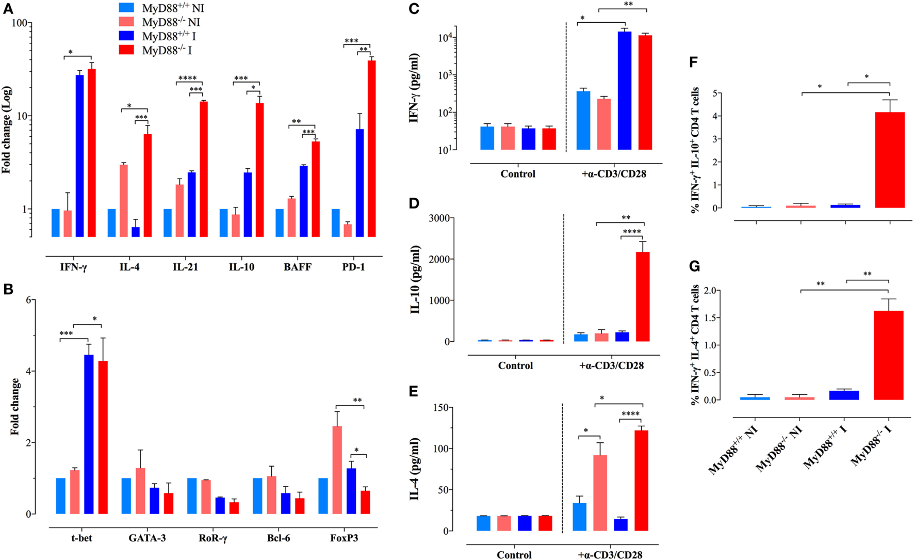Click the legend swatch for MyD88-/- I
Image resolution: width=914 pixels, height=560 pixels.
pos(126,50)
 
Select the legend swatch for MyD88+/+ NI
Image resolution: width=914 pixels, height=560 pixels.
pos(126,8)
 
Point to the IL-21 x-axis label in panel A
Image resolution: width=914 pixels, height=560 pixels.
pos(185,267)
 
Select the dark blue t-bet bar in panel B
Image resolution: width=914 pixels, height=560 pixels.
pos(89,434)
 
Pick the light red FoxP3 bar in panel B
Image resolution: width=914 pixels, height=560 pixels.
pos(337,470)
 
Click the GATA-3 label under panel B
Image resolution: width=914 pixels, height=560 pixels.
pos(147,538)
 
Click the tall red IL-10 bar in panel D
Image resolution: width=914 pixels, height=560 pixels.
pos(643,297)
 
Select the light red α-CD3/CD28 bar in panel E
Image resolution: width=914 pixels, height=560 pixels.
pos(600,493)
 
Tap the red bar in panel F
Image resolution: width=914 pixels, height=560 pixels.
pos(890,160)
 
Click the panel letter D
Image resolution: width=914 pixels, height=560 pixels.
pos(414,203)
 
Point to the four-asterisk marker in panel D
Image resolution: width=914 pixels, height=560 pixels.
pos(631,232)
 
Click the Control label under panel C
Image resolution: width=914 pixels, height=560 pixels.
pos(518,174)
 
